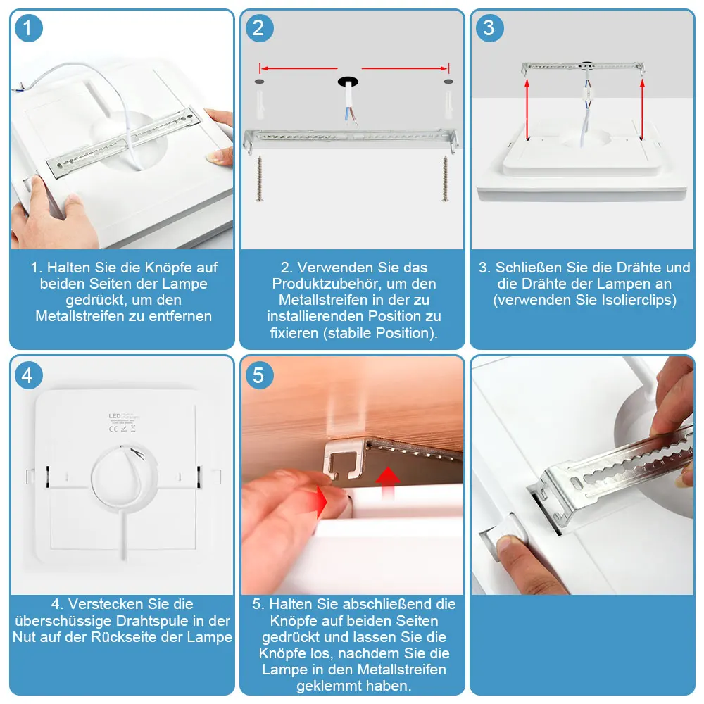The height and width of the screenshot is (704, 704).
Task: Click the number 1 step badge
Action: coord(28,28)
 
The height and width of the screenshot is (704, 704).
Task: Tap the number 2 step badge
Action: coord(259,28)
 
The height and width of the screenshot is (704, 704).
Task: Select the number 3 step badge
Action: coord(489,28)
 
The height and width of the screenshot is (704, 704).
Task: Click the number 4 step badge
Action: coord(28,375)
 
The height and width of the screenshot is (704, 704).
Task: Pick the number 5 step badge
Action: coord(259,375)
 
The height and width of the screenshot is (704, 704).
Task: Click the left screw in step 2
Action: coord(260,178)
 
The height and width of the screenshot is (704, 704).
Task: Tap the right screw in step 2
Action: coord(445,178)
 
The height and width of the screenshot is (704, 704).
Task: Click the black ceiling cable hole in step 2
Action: coord(348,82)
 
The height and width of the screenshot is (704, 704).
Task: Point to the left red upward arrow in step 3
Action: coord(527,108)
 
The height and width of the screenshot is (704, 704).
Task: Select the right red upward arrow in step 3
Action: coord(642,108)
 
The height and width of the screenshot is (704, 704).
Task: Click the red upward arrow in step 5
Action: coord(387,483)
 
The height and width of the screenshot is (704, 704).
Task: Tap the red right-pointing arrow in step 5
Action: coord(322,501)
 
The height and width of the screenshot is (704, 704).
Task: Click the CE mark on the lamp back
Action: coord(113,429)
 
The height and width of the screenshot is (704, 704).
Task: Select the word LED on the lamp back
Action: coord(115,416)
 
